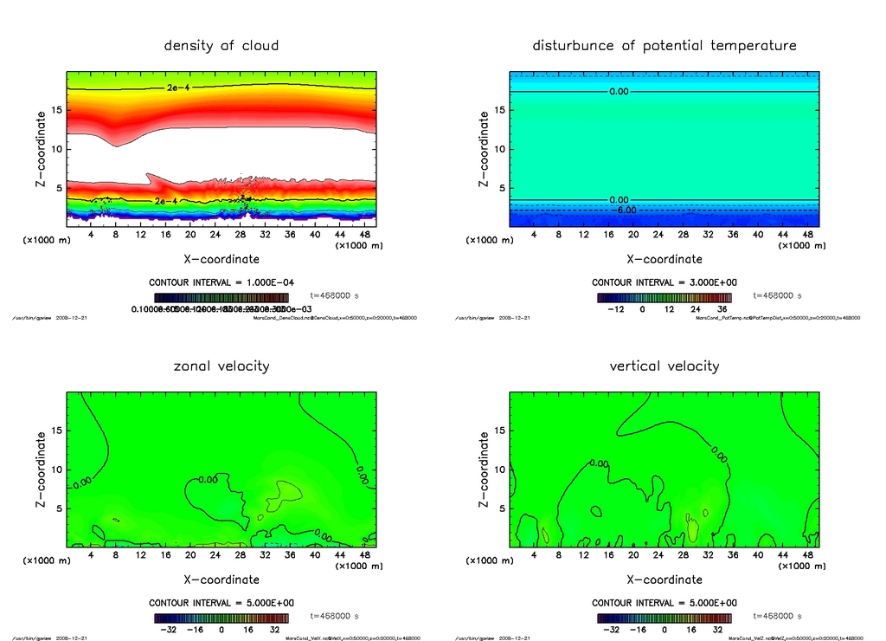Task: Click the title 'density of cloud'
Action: pyautogui.click(x=221, y=45)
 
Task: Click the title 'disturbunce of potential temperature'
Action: pyautogui.click(x=664, y=45)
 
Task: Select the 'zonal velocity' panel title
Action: pyautogui.click(x=221, y=366)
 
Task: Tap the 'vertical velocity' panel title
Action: pyautogui.click(x=664, y=366)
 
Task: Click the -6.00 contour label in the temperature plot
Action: pyautogui.click(x=625, y=210)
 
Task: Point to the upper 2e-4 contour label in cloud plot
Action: pyautogui.click(x=178, y=88)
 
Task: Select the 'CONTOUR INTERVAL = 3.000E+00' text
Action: pyautogui.click(x=664, y=282)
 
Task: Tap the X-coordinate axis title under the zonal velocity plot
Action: pyautogui.click(x=221, y=579)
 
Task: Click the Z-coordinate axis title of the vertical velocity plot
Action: pyautogui.click(x=484, y=469)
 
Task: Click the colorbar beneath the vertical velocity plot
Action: pyautogui.click(x=664, y=618)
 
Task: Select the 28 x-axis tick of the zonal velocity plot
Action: pyautogui.click(x=241, y=554)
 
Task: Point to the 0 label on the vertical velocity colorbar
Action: pyautogui.click(x=664, y=630)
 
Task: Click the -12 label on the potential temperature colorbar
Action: pyautogui.click(x=616, y=308)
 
